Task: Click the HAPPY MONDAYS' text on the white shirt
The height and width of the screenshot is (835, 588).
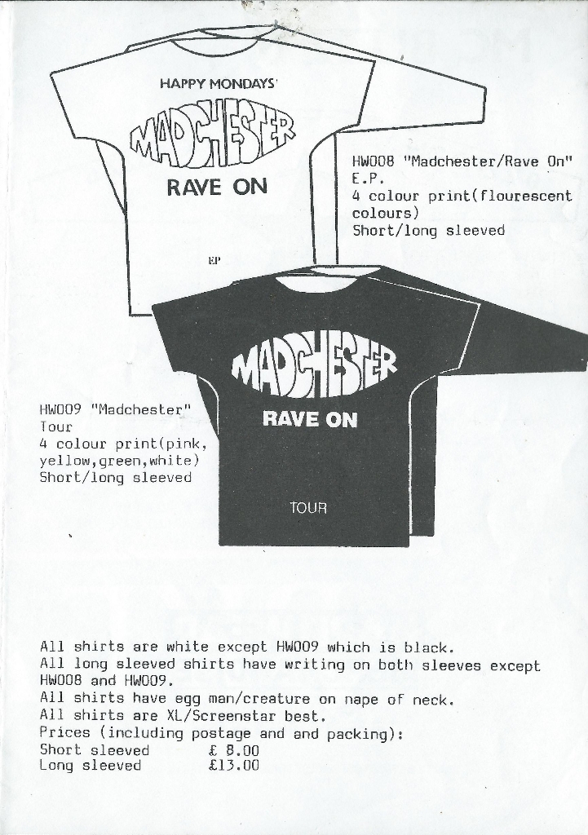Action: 219,84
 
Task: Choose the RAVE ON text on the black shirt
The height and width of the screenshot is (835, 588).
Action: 310,420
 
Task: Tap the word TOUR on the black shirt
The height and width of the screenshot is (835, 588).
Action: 307,508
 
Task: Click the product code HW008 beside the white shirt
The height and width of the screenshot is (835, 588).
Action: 373,162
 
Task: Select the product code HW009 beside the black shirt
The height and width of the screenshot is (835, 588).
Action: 60,409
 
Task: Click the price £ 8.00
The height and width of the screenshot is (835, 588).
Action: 234,750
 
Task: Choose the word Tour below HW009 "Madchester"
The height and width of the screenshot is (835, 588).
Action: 56,426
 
